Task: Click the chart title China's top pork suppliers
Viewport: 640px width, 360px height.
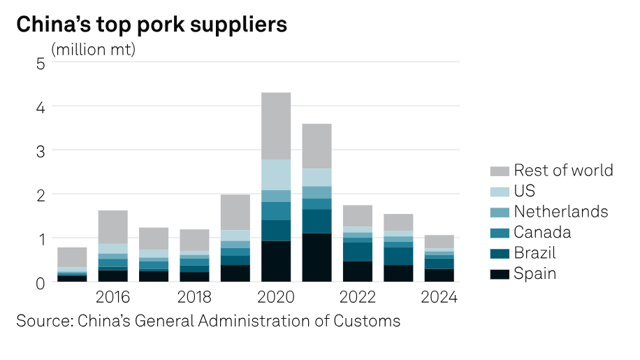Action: coord(152,24)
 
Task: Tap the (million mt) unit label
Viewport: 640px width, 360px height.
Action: coord(94,50)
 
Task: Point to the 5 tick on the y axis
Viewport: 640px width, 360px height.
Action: coord(41,64)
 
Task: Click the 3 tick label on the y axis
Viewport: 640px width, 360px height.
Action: coord(41,152)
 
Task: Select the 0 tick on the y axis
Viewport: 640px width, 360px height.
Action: coord(41,283)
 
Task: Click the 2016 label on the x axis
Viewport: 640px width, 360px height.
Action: coord(112,297)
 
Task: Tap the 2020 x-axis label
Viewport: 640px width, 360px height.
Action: coord(276,297)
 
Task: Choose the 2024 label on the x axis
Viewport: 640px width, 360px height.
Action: coord(439,297)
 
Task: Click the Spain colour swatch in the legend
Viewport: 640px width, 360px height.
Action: coord(500,274)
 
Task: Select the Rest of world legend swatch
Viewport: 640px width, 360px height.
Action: coord(500,171)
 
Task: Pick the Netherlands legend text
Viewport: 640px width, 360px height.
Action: coord(561,211)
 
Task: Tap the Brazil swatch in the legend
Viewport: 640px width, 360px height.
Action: coord(500,254)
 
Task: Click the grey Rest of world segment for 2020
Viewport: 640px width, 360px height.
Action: coord(276,126)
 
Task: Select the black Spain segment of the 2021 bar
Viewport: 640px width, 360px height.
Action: coord(317,257)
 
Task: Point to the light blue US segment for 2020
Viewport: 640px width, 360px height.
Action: coord(276,175)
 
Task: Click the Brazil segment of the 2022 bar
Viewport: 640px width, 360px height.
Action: coord(358,252)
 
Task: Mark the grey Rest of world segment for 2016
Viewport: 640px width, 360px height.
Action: coord(112,227)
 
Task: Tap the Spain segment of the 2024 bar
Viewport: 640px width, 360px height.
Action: coord(439,275)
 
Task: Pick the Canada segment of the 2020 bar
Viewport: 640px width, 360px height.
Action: coord(276,211)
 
